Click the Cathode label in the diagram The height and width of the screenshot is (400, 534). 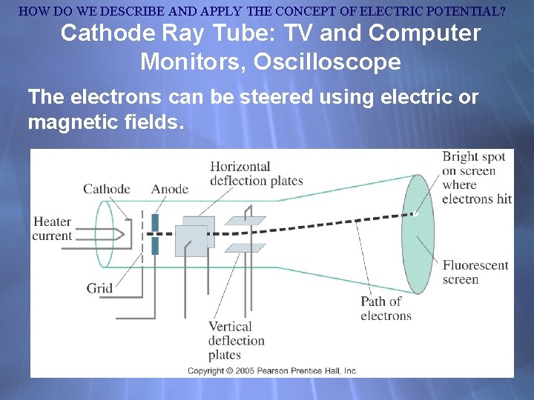pyautogui.click(x=106, y=189)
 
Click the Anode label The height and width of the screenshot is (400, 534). pyautogui.click(x=170, y=189)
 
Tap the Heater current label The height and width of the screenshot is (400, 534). pyautogui.click(x=52, y=229)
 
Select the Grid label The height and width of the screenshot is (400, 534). pyautogui.click(x=99, y=289)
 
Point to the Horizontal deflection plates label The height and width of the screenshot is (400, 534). pyautogui.click(x=257, y=173)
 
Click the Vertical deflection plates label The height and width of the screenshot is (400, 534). pyautogui.click(x=236, y=340)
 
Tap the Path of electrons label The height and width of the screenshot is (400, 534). pyautogui.click(x=386, y=308)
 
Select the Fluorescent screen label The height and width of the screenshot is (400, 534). pyautogui.click(x=475, y=272)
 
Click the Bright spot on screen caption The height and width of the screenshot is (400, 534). pyautogui.click(x=476, y=178)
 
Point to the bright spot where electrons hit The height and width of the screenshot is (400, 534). pyautogui.click(x=415, y=214)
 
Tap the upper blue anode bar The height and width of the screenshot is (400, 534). pyautogui.click(x=155, y=223)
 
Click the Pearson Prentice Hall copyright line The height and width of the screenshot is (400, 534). pyautogui.click(x=272, y=370)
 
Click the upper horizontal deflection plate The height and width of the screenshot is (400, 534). pyautogui.click(x=245, y=220)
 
